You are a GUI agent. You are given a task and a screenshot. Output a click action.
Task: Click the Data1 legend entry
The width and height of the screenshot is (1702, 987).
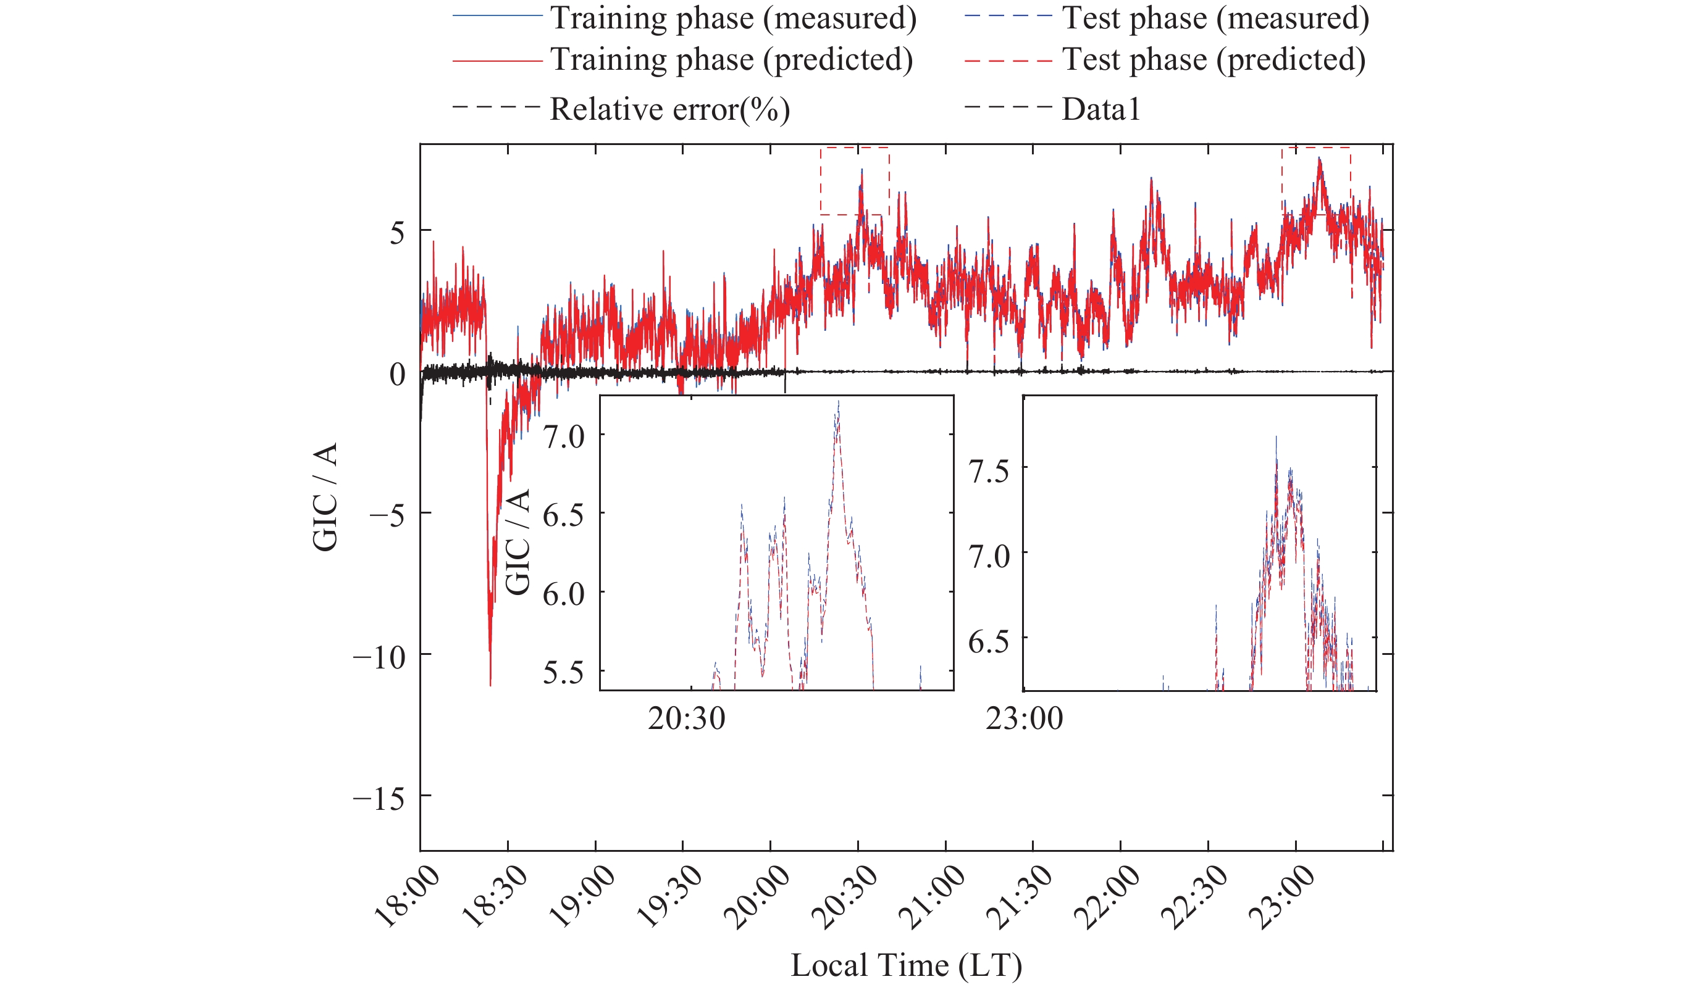(1100, 109)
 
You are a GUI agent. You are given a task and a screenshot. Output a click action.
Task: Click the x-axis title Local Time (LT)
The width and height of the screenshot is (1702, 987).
(906, 965)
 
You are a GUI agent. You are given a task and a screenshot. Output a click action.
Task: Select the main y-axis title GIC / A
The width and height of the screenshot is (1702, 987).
(325, 497)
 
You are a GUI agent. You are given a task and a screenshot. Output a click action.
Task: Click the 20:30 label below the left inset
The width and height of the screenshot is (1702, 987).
(686, 718)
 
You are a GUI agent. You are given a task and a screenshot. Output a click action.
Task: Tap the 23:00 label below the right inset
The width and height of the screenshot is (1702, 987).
(1024, 718)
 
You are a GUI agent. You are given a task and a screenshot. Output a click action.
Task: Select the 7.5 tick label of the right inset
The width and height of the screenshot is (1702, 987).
(989, 470)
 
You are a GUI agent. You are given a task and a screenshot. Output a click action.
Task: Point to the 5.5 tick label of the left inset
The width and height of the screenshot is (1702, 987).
(564, 672)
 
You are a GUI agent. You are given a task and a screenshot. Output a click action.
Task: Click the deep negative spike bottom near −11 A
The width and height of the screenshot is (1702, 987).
(490, 685)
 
